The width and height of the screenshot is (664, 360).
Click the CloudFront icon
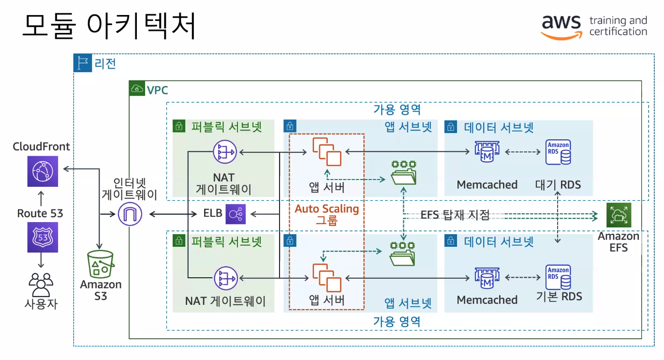coord(43,171)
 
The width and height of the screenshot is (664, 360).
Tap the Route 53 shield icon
coord(43,237)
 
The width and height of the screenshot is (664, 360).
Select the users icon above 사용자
coord(41,284)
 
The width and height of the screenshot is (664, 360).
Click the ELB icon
coord(236,213)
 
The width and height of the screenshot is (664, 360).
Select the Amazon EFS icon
coord(619,215)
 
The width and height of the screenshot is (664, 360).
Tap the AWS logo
coord(561,27)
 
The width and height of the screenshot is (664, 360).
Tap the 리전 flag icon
coord(83,63)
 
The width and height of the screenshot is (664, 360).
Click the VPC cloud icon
coord(137,89)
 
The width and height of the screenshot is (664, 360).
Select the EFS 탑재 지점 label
coord(455,215)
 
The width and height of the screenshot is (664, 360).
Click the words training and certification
coord(618,26)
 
